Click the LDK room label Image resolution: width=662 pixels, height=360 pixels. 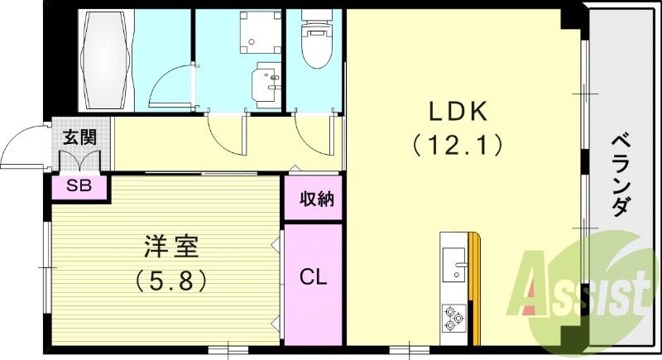tap(459, 111)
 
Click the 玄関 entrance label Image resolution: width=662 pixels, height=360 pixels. tap(79, 137)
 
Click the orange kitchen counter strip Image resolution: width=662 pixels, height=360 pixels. tap(474, 290)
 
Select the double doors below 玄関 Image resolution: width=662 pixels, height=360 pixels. tap(79, 166)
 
